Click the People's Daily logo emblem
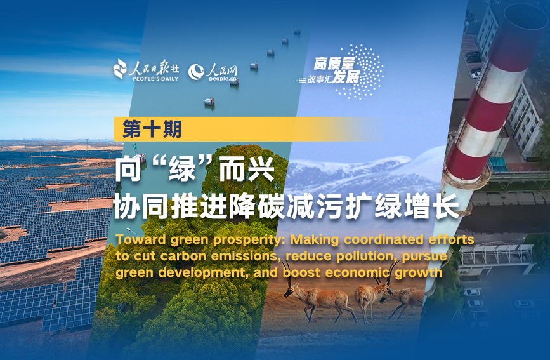tap(120, 69)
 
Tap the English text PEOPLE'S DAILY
tap(155, 79)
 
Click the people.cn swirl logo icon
tap(196, 72)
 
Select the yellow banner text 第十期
tap(152, 129)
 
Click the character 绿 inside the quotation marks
tap(181, 170)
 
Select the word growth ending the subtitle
tap(418, 273)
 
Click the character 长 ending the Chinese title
tap(446, 206)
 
